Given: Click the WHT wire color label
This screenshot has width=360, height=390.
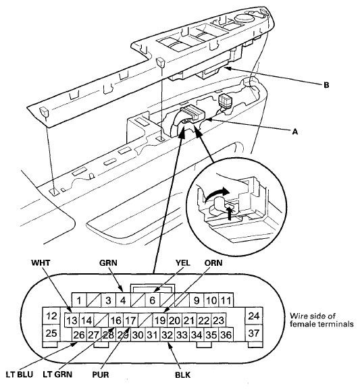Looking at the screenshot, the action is tap(41, 263).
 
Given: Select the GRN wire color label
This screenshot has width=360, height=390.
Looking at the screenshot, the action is tap(108, 263).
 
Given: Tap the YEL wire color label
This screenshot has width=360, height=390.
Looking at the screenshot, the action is tap(183, 263).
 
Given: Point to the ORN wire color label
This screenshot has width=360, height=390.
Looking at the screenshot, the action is tap(213, 263).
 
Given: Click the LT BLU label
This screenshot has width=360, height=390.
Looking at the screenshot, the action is tap(19, 374).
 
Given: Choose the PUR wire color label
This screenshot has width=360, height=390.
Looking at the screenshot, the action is tap(101, 374).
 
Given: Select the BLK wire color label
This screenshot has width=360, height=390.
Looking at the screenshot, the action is tap(183, 374).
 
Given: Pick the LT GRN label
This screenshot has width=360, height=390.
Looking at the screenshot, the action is tap(57, 374).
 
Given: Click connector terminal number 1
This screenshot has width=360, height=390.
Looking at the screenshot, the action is tap(79, 300).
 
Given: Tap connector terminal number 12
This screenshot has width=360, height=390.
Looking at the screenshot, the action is tap(51, 316).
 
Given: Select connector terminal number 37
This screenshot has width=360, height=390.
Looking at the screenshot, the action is tap(254, 333).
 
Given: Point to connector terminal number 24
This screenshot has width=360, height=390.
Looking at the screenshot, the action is tap(254, 316).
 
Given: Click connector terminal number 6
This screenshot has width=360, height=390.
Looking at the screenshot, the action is tap(152, 300).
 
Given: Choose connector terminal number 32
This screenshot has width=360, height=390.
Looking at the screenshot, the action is tap(167, 335).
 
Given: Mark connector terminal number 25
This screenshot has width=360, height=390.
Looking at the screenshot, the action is tap(51, 333).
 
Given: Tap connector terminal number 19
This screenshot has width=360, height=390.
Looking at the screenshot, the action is tap(160, 321).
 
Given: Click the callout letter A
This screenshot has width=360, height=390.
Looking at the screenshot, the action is tap(294, 132).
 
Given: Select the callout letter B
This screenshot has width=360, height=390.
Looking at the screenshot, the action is tap(326, 85).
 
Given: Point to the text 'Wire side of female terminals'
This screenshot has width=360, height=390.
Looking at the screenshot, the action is tap(322, 320).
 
